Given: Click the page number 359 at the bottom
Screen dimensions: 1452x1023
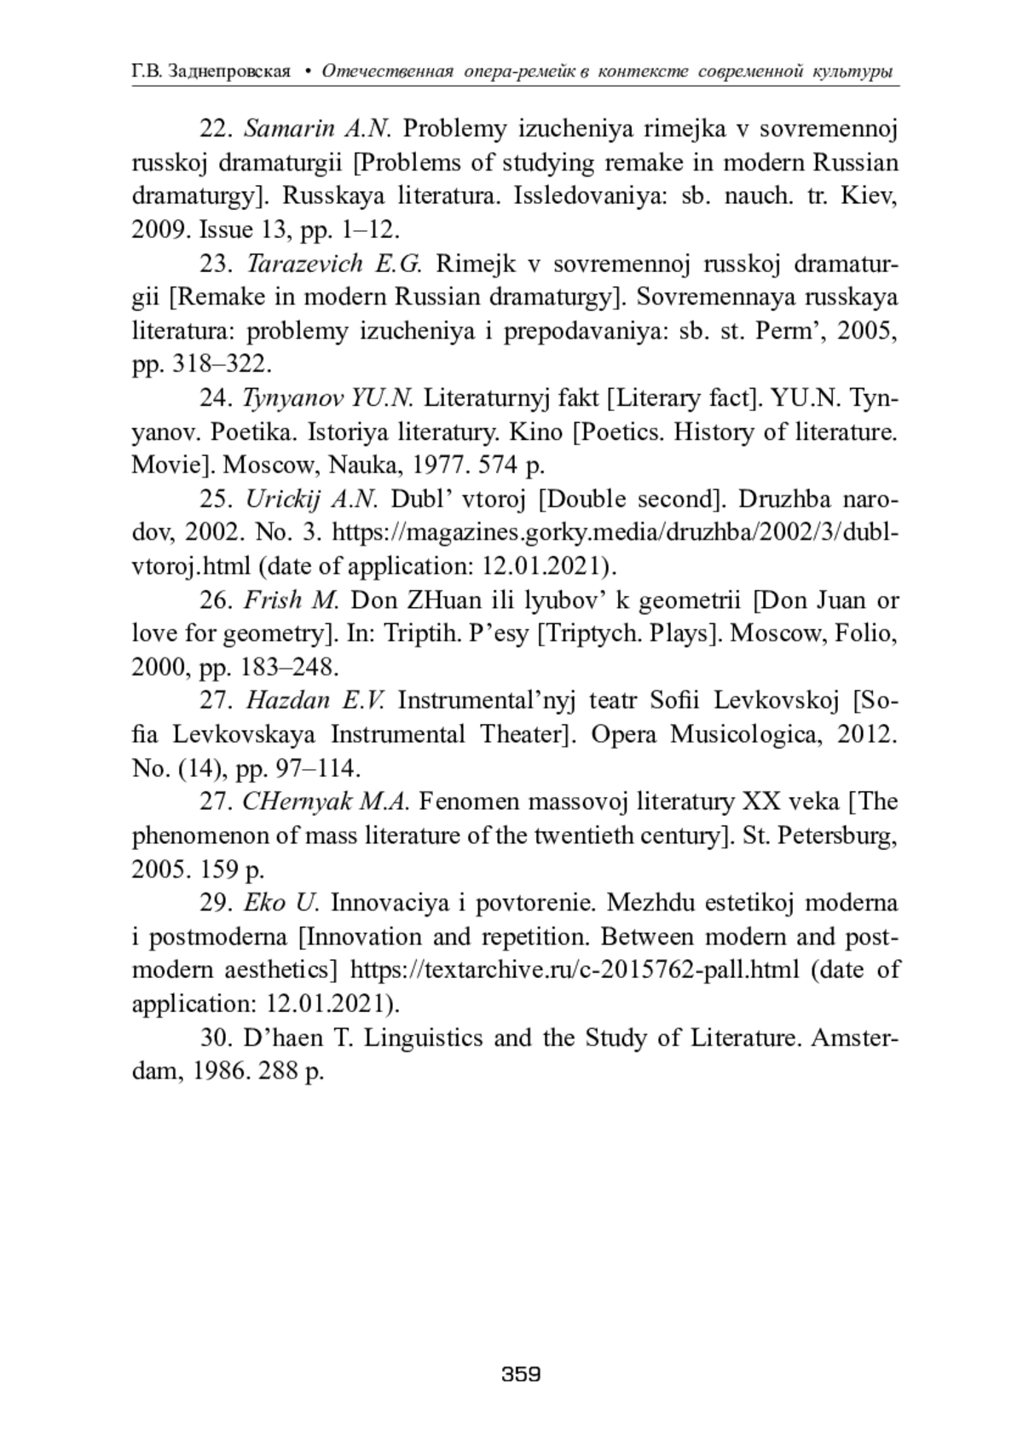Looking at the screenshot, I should (x=521, y=1374).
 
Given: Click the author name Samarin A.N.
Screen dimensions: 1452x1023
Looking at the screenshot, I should (x=317, y=129).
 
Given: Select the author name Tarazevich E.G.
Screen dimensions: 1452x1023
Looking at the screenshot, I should (x=334, y=263).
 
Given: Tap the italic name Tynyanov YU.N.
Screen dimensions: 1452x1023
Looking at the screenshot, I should (x=328, y=398).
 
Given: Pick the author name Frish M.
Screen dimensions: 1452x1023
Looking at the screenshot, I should (x=292, y=600).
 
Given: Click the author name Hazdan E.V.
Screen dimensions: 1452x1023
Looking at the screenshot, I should (x=315, y=701).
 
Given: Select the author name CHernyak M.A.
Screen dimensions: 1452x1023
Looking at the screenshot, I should (x=327, y=801).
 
